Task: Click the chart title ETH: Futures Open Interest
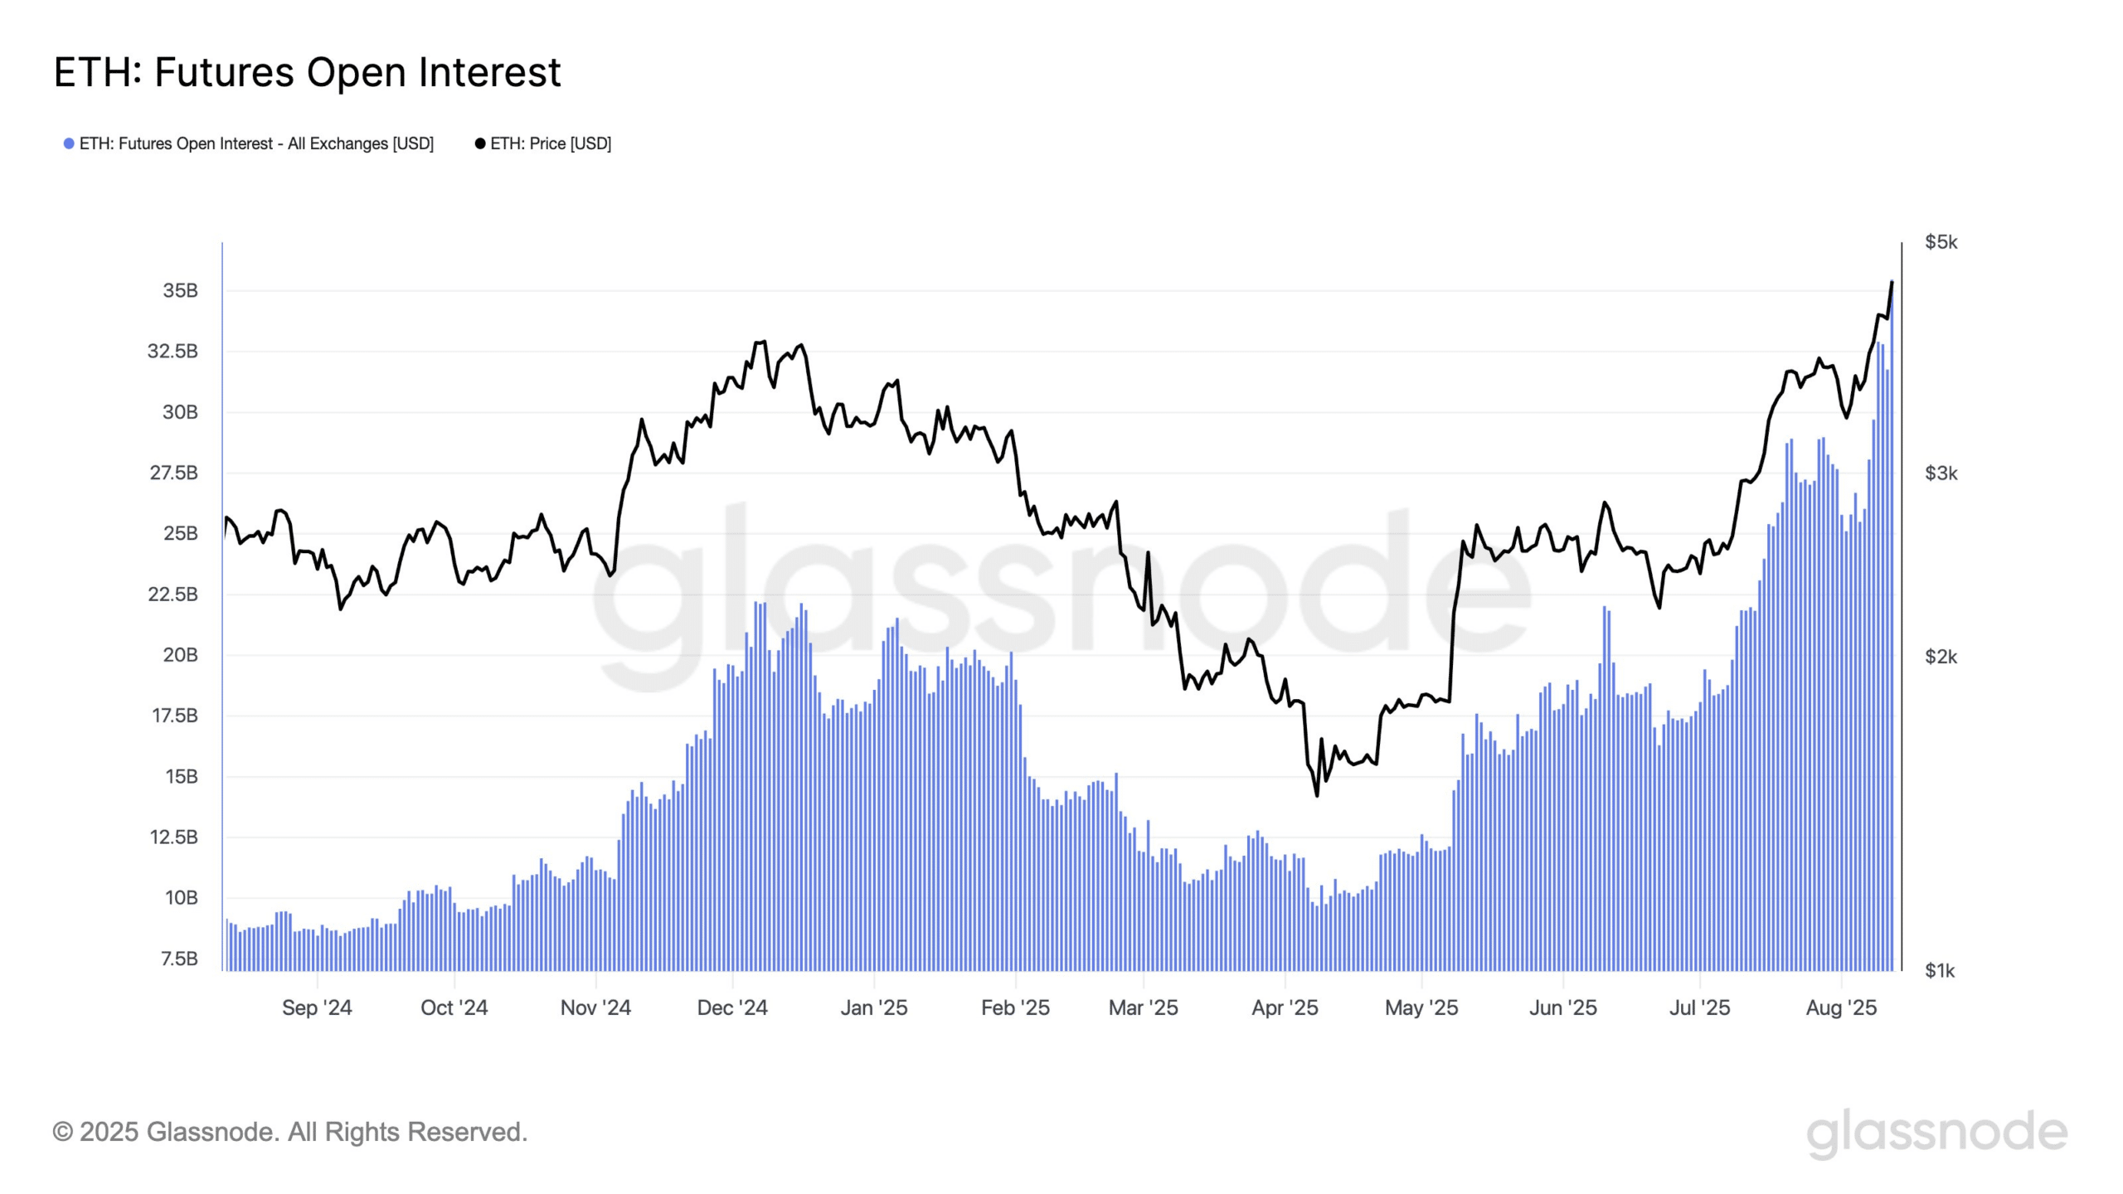click(307, 72)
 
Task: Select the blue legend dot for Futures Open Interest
click(69, 143)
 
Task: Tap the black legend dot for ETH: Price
click(479, 143)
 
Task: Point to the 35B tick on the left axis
click(180, 290)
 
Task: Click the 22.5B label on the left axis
click(172, 594)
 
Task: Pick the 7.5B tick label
click(179, 959)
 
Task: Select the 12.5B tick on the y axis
click(173, 837)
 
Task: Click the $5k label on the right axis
click(1941, 242)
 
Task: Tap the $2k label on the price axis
click(1941, 657)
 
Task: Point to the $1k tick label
click(1940, 970)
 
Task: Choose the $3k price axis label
click(1941, 473)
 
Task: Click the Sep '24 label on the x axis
click(317, 1007)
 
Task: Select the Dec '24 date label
click(732, 1007)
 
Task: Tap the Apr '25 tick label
click(1285, 1007)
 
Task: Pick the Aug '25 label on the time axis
click(1841, 1007)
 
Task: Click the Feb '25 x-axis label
click(1015, 1007)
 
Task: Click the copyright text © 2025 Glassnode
click(289, 1132)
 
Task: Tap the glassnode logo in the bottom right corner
click(1936, 1133)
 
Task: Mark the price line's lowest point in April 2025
click(1317, 795)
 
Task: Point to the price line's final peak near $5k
click(1892, 282)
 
